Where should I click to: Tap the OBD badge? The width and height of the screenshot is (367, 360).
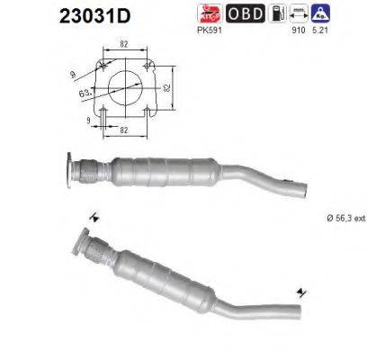tap(245, 13)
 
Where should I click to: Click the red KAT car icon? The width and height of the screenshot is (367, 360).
tap(209, 13)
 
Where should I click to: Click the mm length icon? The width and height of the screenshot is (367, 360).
tap(300, 13)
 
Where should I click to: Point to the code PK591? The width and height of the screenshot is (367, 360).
tap(208, 30)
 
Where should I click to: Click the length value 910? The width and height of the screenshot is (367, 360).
tap(300, 30)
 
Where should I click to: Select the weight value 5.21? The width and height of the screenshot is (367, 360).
tap(321, 30)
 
